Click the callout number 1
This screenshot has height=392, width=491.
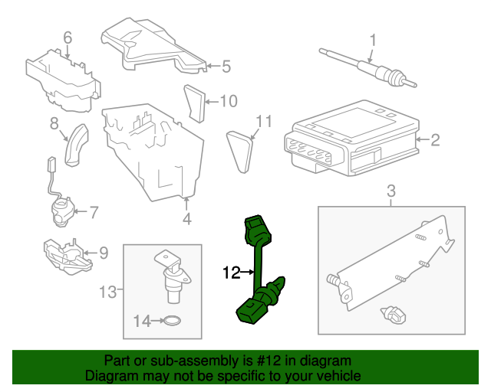coord(374,39)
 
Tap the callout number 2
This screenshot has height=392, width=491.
coord(435,140)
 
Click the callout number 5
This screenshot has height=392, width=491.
coord(226,67)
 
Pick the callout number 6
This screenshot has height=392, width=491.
coord(67,38)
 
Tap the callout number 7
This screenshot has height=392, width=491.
coord(94,212)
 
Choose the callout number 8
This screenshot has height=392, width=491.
coord(54,123)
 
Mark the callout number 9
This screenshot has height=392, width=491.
coord(104,252)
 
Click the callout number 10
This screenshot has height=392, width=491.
coord(229,100)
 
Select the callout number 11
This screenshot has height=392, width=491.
coord(264,121)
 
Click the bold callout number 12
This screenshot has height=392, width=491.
coord(232,272)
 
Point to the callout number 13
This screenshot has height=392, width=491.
coord(108,291)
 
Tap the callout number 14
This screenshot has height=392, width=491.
coord(143,322)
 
